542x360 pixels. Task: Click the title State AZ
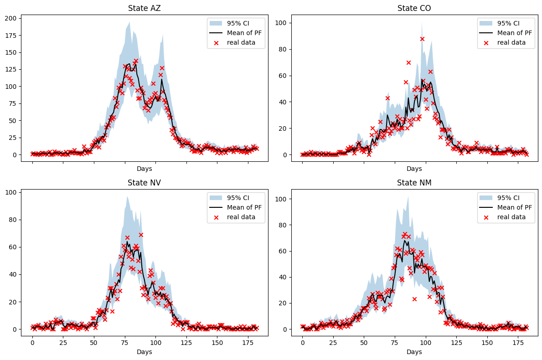click(x=144, y=8)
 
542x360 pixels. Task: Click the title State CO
click(x=414, y=8)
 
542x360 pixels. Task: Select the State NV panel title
click(x=144, y=183)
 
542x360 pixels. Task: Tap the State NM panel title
click(x=414, y=183)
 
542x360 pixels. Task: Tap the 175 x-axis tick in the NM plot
click(x=518, y=342)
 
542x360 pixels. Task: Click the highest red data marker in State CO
click(x=422, y=39)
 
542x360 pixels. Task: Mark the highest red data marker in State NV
click(x=141, y=235)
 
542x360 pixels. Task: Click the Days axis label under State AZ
click(x=144, y=169)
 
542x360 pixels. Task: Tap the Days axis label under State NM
click(x=414, y=352)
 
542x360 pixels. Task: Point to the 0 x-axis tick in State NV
click(x=32, y=342)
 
